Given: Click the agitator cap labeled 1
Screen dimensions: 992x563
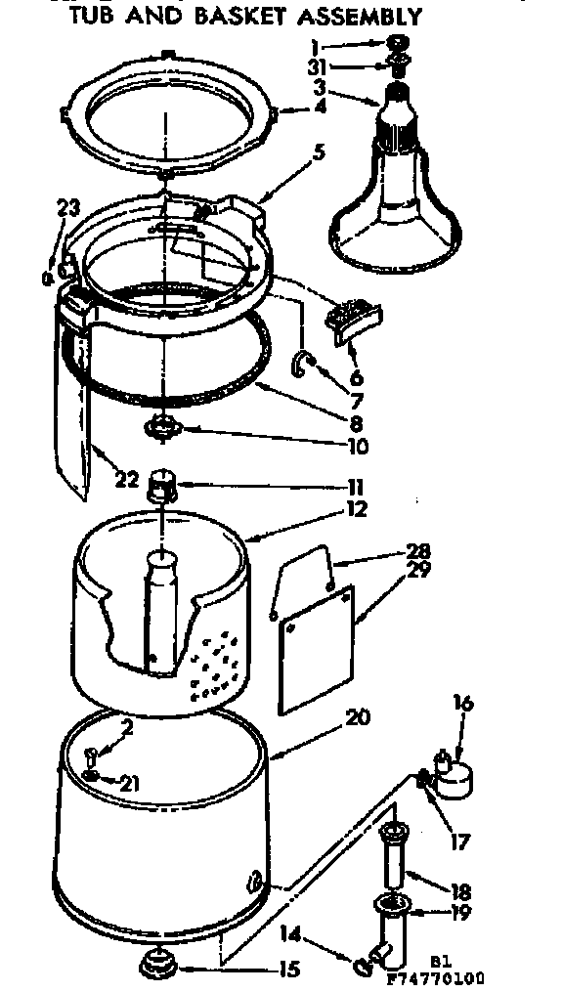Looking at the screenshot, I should click(x=400, y=44).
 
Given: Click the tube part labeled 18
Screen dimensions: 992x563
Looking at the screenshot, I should click(x=395, y=859).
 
